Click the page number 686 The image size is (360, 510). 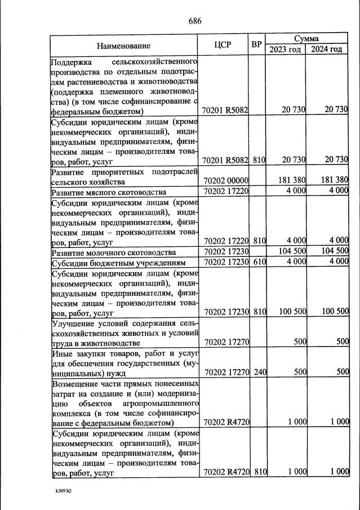[x=195, y=21]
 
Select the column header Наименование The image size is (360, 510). [x=123, y=46]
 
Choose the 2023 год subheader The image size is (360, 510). [x=285, y=50]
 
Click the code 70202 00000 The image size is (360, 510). [x=225, y=180]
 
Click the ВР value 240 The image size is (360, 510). [x=259, y=372]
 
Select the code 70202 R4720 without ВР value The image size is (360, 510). [x=225, y=422]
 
